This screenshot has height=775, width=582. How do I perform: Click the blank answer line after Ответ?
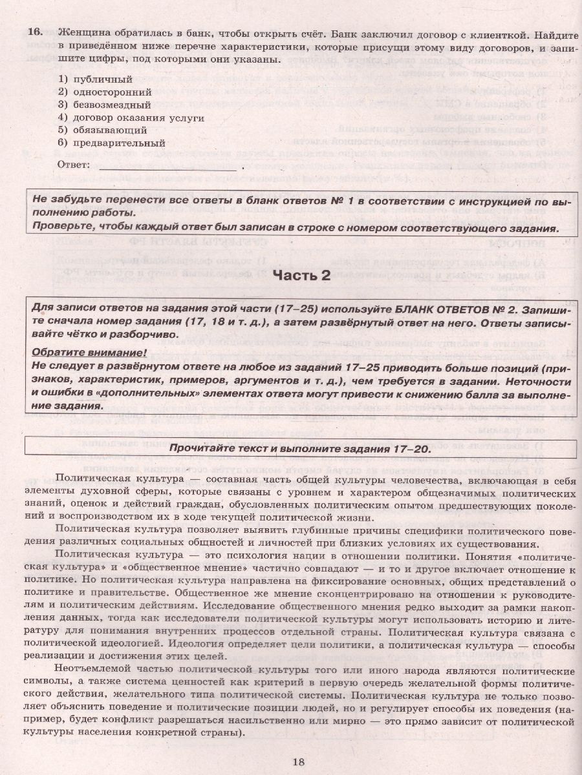[x=168, y=165]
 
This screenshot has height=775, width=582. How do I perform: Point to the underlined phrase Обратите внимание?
[x=88, y=352]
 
